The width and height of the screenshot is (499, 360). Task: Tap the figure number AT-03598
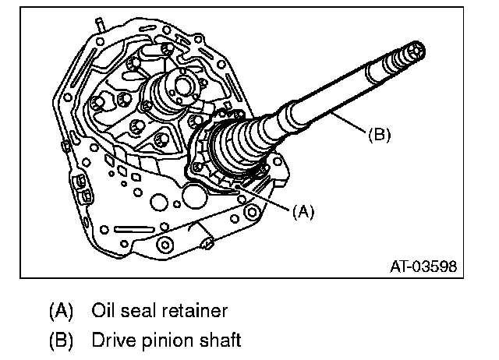click(423, 266)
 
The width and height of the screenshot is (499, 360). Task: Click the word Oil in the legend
click(104, 311)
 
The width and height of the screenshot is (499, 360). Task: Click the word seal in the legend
click(141, 311)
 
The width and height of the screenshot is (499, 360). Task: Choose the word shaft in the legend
click(217, 340)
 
